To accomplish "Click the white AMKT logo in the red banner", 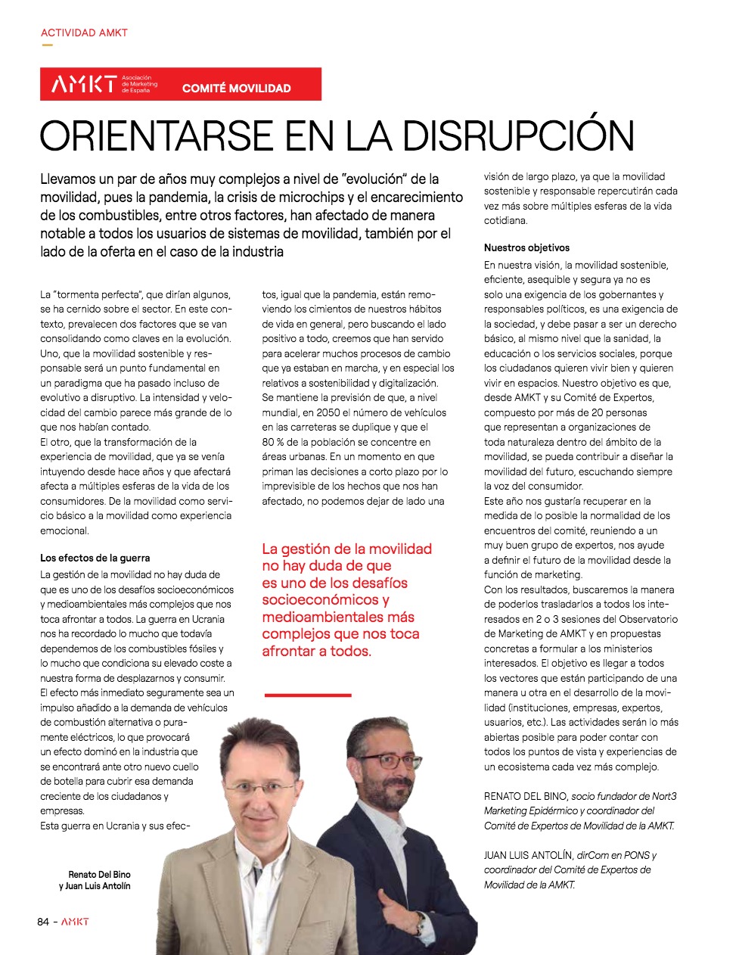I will click(84, 84).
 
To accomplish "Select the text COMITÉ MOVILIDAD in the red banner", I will click(236, 89).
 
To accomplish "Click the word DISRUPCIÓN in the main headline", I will click(518, 136).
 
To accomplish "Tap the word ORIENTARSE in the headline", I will click(155, 136).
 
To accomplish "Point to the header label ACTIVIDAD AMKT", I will click(84, 33).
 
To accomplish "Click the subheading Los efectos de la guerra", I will click(95, 558).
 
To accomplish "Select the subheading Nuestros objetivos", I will click(526, 247).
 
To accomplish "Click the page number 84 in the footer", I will click(43, 922).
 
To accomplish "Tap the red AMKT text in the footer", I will click(75, 922).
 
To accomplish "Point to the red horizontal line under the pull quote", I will click(308, 695).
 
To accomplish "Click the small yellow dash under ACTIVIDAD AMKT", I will click(47, 45).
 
